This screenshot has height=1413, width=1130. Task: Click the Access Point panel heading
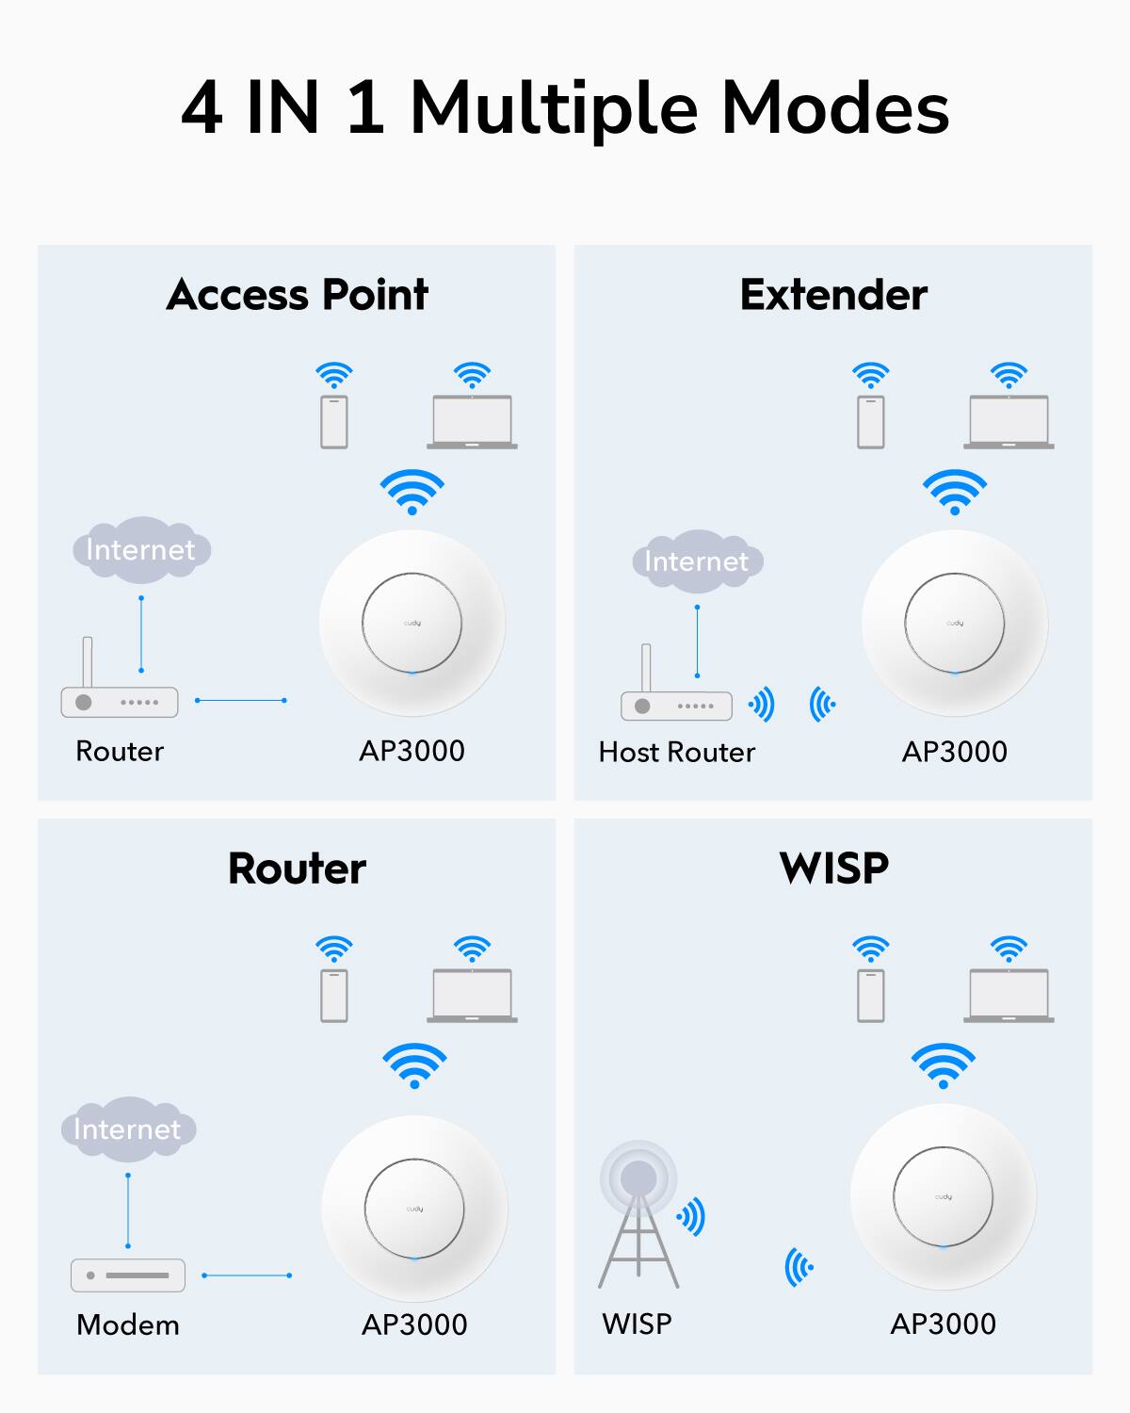[x=298, y=295]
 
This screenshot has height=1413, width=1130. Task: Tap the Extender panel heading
[x=833, y=295]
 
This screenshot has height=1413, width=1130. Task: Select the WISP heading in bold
[x=833, y=869]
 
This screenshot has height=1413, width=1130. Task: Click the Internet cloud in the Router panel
[x=128, y=1129]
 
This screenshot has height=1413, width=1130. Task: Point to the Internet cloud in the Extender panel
[x=697, y=561]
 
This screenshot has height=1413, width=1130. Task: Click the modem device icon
[x=128, y=1275]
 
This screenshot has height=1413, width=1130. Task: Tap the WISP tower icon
[x=638, y=1215]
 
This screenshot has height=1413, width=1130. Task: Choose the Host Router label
[x=676, y=752]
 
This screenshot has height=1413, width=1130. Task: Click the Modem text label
[x=128, y=1324]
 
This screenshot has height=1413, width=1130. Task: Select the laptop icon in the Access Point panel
[x=472, y=421]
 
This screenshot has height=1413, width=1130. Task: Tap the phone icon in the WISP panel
[x=871, y=996]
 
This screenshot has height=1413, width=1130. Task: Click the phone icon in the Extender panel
[x=871, y=422]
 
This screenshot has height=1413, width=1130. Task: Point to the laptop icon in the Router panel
[x=472, y=995]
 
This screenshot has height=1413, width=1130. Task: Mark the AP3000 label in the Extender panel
[x=954, y=752]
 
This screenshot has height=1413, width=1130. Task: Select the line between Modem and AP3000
[x=246, y=1275]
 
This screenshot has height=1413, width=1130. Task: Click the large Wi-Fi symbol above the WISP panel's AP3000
[x=943, y=1064]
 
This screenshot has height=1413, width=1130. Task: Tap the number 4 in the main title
[x=202, y=108]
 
